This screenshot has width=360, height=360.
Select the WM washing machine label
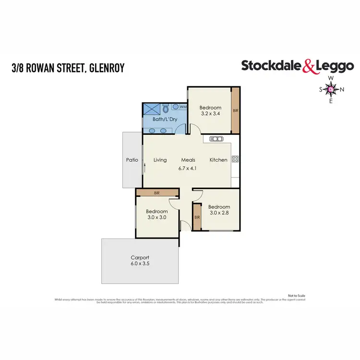point(183,107)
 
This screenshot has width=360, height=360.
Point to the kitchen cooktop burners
point(235,159)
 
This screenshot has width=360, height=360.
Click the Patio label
point(132,160)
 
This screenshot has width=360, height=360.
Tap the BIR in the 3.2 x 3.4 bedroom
point(235,110)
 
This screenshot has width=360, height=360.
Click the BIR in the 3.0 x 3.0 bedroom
point(157,192)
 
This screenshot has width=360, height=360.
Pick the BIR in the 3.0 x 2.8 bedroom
point(197,217)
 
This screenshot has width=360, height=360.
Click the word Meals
point(188,160)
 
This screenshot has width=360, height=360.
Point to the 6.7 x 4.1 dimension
point(188,168)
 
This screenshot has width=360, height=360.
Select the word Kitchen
point(218,160)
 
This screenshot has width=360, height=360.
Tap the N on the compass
point(342,89)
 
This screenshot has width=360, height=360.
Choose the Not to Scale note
point(296,295)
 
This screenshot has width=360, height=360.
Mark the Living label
point(160,160)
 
